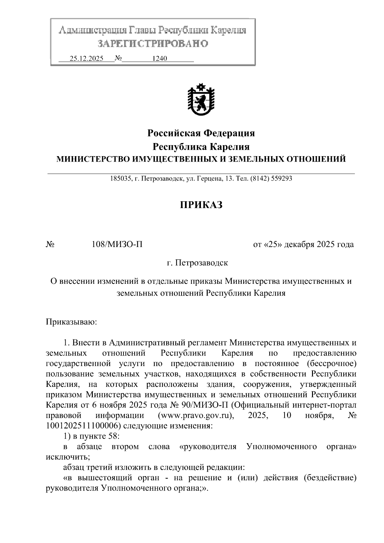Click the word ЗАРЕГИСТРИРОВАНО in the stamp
click(153, 43)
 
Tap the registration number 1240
click(160, 59)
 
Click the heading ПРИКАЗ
click(201, 205)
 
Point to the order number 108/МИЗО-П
click(117, 244)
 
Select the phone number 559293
click(281, 179)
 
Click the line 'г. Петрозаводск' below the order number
click(197, 263)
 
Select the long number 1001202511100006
click(83, 426)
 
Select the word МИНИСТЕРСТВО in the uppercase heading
click(92, 159)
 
